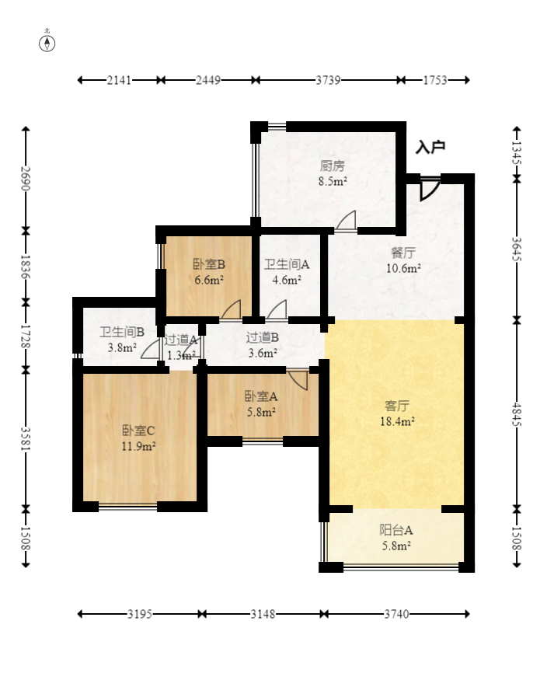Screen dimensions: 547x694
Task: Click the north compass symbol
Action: click(x=47, y=44)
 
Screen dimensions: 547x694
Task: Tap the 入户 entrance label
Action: click(x=430, y=147)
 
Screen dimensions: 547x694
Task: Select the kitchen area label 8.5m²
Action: click(x=333, y=181)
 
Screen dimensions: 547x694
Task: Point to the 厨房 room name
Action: click(x=333, y=166)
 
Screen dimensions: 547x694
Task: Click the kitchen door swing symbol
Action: click(x=346, y=221)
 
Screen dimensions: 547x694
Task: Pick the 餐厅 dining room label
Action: click(x=403, y=253)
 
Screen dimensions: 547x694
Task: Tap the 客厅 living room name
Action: click(x=397, y=406)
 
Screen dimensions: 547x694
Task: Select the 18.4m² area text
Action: click(x=397, y=421)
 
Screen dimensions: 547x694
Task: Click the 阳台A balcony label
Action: click(x=396, y=530)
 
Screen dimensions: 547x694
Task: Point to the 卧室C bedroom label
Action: click(x=138, y=431)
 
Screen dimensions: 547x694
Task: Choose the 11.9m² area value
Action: click(x=138, y=446)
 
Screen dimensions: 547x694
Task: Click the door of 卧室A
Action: click(x=298, y=380)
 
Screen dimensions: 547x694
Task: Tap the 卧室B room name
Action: click(x=209, y=264)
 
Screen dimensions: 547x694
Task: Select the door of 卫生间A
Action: click(x=277, y=309)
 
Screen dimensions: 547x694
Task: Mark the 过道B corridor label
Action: click(x=263, y=338)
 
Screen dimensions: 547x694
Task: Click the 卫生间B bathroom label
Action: click(x=122, y=332)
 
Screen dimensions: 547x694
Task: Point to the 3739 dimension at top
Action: click(x=328, y=80)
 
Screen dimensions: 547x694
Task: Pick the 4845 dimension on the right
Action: click(x=517, y=413)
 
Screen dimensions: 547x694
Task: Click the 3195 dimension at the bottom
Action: click(x=140, y=614)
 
